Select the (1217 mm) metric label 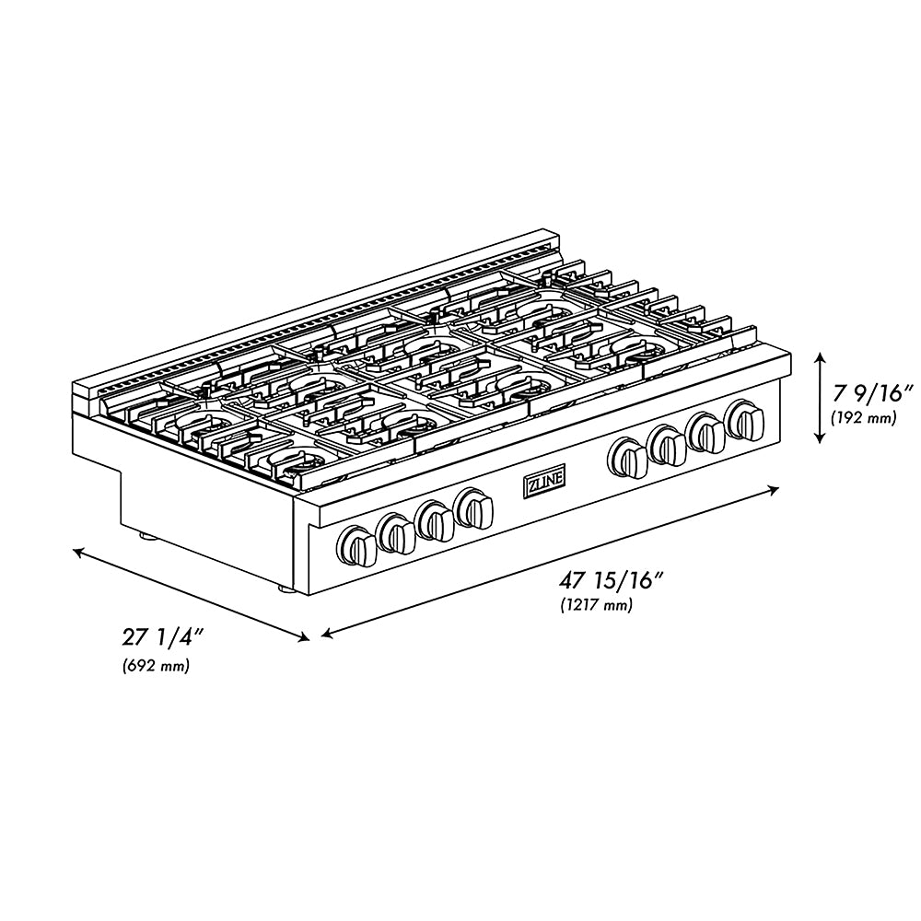click(x=596, y=605)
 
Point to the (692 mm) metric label click(x=156, y=666)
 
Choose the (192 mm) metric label click(x=863, y=417)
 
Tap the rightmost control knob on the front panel click(x=744, y=419)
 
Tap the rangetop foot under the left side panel click(x=144, y=533)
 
